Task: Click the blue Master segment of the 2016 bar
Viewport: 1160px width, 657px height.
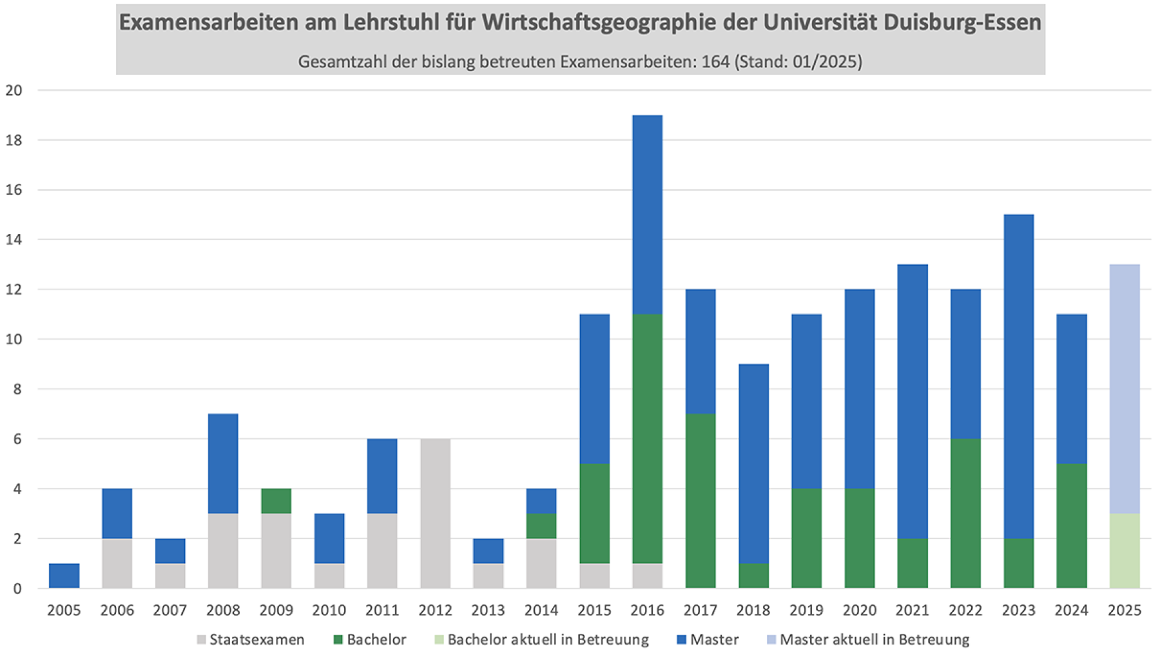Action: pos(647,215)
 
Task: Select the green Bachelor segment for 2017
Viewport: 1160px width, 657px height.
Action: pos(700,501)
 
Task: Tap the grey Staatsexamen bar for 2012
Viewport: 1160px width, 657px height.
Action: pos(435,513)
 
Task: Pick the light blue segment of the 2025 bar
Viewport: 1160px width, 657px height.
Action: pos(1125,389)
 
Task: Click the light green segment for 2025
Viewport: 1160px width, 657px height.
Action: pos(1125,551)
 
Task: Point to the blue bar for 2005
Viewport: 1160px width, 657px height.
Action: pos(64,576)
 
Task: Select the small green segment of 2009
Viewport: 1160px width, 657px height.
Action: pos(276,501)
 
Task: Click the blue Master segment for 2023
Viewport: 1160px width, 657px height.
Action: pos(1018,377)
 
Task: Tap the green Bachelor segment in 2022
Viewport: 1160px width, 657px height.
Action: pos(965,513)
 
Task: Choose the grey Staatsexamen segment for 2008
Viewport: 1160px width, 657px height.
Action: pos(223,551)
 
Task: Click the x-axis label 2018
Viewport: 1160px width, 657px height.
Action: pos(753,610)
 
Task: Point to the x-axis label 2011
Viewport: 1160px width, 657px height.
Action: pos(382,610)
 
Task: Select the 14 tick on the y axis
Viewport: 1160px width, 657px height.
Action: pos(14,240)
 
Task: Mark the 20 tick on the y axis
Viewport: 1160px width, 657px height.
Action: pos(14,90)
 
